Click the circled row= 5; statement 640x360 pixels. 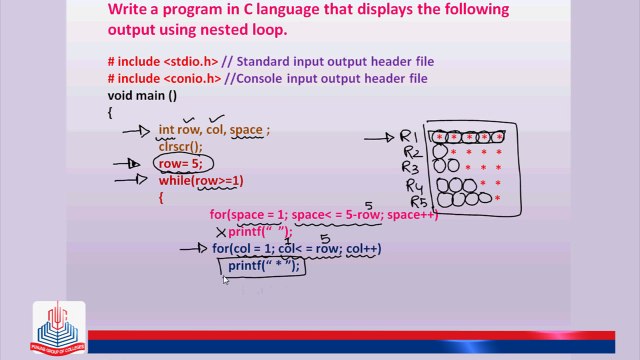pos(183,164)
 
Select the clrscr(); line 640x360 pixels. pos(180,146)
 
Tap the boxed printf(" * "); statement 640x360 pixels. pos(262,266)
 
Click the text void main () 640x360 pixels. pos(142,95)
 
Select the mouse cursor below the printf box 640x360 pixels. pos(225,281)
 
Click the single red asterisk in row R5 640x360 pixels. pos(497,199)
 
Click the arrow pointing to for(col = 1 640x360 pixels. pos(193,249)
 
